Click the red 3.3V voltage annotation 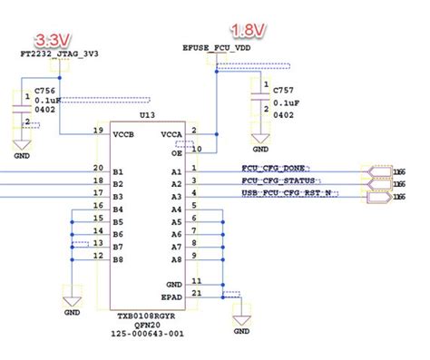(52, 40)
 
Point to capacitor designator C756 (44, 91)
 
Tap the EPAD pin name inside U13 (171, 296)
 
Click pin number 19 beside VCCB (97, 131)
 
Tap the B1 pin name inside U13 (117, 170)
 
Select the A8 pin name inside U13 (176, 258)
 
